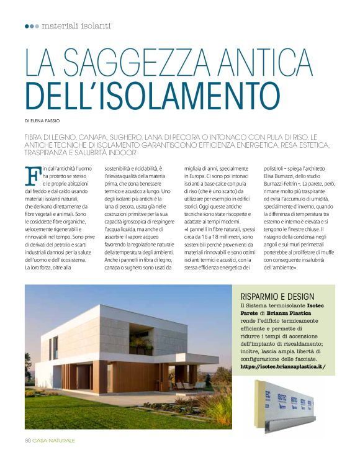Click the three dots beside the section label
coord(32,26)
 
